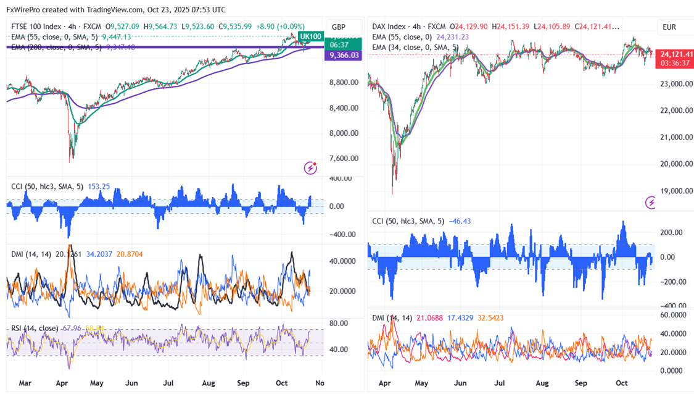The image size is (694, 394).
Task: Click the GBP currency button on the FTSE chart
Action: [338, 27]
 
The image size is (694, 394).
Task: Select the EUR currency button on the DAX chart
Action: [670, 27]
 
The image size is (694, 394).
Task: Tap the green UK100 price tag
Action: [311, 36]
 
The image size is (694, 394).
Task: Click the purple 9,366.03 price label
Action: [340, 55]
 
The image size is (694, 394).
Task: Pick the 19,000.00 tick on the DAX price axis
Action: [677, 191]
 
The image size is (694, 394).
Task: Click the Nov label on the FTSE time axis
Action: [319, 383]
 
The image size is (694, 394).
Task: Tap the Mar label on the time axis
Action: [25, 383]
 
